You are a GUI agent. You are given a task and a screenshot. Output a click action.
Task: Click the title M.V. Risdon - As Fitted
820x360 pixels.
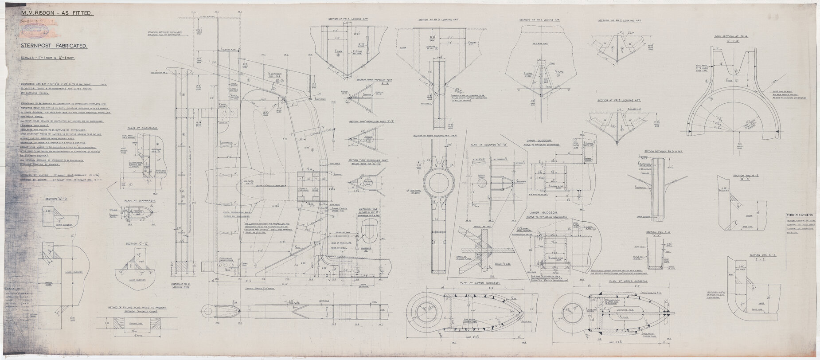coord(56,14)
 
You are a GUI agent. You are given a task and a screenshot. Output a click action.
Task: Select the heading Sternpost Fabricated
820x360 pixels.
coord(55,46)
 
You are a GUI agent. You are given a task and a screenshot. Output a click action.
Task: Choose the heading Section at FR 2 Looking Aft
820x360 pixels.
coord(620,21)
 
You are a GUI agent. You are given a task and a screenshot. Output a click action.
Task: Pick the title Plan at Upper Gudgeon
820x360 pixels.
coord(628,282)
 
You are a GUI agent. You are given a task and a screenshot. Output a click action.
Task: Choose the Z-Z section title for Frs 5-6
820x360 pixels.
coord(761,257)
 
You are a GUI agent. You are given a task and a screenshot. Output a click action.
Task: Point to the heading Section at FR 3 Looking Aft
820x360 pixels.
coord(620,100)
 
